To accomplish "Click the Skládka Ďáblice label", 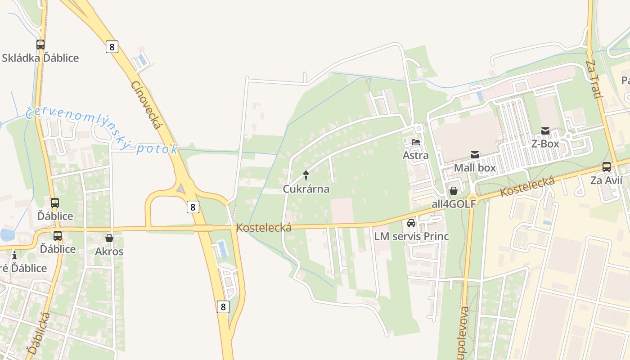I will (x=40, y=58).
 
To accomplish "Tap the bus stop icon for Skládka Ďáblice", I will (x=40, y=45).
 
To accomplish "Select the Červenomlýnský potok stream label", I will (x=102, y=130).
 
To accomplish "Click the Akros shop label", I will (x=109, y=252).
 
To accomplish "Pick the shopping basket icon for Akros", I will (x=109, y=238).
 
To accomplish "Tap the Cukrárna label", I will (x=306, y=189).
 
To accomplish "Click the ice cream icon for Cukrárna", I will (x=306, y=175).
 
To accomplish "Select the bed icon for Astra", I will (x=415, y=142).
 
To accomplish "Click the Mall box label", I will (x=475, y=168).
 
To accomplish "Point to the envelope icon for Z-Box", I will (x=545, y=131).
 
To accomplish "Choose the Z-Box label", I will (x=545, y=144).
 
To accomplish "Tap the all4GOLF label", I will (x=454, y=204).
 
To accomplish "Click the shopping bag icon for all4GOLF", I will (x=454, y=191).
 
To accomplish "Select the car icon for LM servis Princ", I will (x=411, y=223).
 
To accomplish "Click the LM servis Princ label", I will (x=411, y=236).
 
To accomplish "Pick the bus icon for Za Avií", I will (x=607, y=167).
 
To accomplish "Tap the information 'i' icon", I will (x=14, y=255).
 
